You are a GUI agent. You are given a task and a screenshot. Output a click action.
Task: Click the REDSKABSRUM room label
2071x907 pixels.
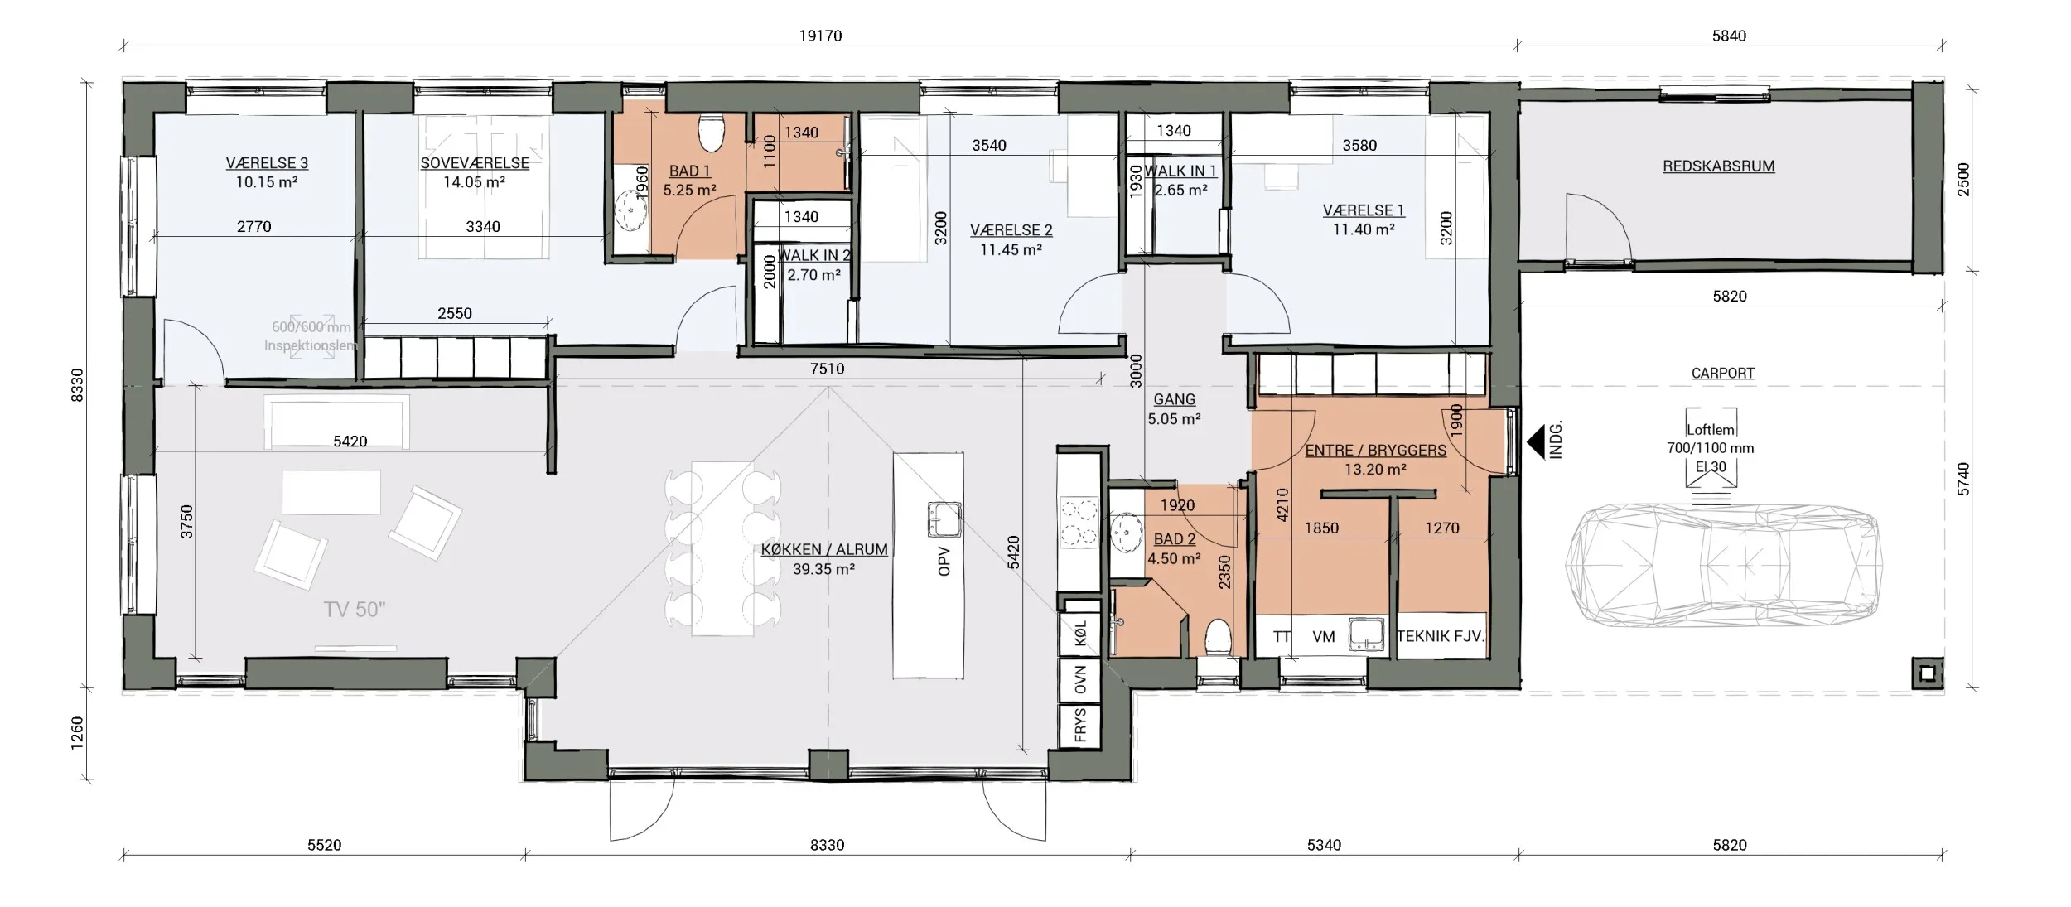(1718, 166)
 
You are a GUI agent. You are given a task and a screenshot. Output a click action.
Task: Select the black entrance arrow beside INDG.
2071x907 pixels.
(1540, 441)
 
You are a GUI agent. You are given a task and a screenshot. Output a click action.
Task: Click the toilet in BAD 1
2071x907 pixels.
(711, 133)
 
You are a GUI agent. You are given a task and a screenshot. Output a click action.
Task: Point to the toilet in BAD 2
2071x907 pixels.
(1218, 638)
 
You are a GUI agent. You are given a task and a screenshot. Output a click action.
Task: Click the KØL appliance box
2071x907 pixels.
(1080, 634)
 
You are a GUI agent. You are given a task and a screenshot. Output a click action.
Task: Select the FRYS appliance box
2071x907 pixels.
(1080, 726)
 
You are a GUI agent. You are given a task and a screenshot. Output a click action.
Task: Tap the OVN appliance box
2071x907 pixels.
(1080, 681)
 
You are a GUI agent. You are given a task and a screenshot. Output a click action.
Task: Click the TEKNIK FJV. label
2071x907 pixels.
(1441, 636)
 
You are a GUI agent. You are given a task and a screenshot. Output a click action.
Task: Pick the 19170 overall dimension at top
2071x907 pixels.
(820, 36)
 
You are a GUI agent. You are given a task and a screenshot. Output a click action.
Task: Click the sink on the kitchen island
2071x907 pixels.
(944, 519)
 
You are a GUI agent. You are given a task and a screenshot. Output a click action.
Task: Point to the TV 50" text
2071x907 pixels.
(355, 610)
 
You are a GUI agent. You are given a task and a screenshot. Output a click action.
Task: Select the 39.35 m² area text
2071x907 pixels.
(823, 569)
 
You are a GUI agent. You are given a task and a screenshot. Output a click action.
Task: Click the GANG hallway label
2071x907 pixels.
(1174, 399)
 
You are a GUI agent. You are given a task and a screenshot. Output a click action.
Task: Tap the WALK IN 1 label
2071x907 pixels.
(1180, 171)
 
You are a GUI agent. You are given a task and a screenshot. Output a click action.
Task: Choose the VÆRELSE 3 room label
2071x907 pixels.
(267, 163)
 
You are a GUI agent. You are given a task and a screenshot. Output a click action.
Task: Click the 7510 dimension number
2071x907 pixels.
(827, 369)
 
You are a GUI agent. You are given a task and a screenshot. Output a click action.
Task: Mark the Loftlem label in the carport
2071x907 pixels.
(1710, 429)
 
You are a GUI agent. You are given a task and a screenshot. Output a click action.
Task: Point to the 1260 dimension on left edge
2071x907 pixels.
(77, 733)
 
